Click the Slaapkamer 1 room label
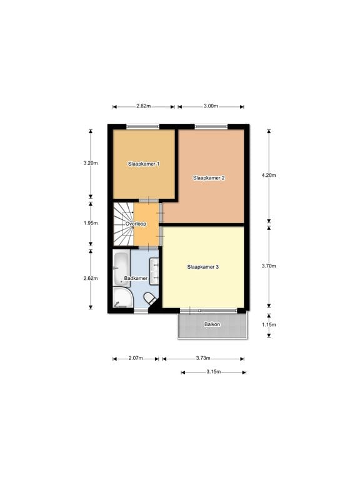(143, 164)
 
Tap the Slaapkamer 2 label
(209, 178)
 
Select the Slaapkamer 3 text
(202, 267)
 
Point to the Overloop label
(136, 223)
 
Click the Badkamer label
(136, 278)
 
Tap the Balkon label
(212, 324)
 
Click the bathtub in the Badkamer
(121, 269)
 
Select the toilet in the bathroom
(150, 299)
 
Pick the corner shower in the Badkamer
(122, 298)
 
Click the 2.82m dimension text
(143, 106)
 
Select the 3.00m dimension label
(211, 106)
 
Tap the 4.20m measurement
(269, 176)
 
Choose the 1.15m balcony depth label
(269, 325)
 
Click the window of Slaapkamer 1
(142, 127)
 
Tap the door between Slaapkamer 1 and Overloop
(149, 201)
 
